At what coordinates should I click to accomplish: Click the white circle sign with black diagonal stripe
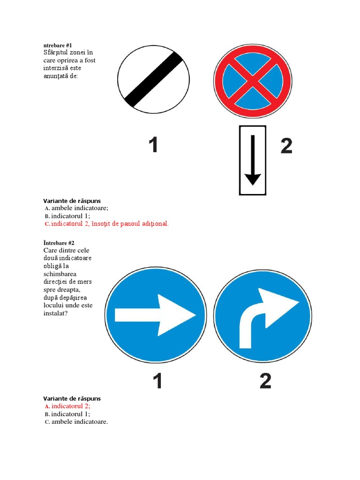(153, 80)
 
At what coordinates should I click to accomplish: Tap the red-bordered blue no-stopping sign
(253, 81)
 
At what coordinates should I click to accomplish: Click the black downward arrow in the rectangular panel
(253, 160)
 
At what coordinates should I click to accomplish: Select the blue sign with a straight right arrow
(156, 315)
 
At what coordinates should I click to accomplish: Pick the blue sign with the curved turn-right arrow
(262, 315)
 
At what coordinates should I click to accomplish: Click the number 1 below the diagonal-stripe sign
(153, 144)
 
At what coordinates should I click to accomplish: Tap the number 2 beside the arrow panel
(286, 146)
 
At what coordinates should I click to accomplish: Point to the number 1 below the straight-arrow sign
(157, 381)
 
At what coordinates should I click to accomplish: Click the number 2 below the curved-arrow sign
(265, 381)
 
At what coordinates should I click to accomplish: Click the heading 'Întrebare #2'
(59, 243)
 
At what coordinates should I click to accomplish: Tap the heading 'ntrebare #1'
(58, 45)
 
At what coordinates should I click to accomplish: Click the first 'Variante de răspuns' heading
(72, 201)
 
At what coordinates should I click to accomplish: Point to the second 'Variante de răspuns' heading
(72, 398)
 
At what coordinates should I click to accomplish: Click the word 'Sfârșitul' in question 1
(56, 52)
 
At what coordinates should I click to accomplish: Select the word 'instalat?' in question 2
(55, 314)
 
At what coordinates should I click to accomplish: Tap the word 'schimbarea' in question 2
(60, 274)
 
